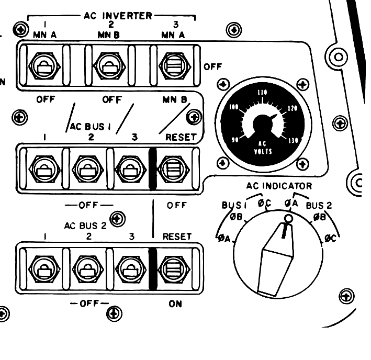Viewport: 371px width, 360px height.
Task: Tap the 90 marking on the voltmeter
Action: click(x=235, y=140)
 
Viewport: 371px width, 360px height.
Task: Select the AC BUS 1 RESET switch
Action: click(x=174, y=168)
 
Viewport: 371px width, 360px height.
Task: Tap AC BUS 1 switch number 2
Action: click(x=84, y=168)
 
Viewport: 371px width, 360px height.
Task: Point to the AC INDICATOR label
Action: click(x=279, y=186)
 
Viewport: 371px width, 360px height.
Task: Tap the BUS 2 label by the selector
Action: click(x=319, y=205)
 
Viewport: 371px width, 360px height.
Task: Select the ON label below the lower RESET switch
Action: click(x=174, y=304)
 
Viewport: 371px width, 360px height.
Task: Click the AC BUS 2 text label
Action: click(x=86, y=226)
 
